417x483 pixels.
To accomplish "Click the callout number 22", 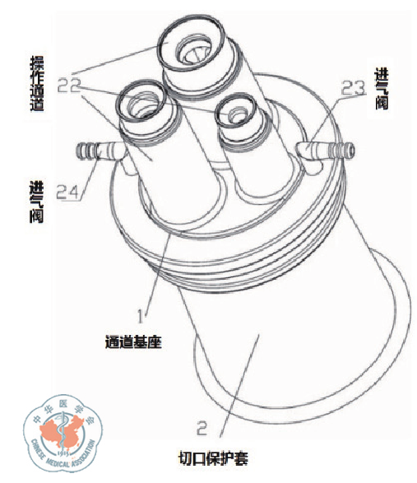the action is point(69,86).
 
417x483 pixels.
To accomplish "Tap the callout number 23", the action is point(353,88).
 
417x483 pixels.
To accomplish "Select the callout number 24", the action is point(68,193).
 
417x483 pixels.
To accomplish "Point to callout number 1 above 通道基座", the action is point(141,316).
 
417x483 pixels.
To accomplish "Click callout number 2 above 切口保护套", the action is point(202,428).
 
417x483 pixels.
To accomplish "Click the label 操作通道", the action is point(37,83).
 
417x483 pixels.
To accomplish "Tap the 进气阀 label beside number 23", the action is point(382,88).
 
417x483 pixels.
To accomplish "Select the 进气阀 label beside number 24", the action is point(36,202).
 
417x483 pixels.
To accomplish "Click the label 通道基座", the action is point(133,341).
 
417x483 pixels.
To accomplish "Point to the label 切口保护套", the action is point(213,458).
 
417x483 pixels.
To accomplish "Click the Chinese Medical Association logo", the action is point(63,433).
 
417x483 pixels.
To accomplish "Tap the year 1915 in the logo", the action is point(65,453).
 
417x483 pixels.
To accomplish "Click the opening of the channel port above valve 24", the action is point(141,102).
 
